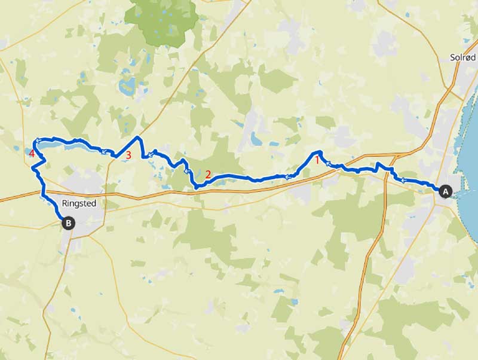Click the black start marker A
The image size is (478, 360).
tap(445, 191)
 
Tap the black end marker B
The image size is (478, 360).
tap(69, 223)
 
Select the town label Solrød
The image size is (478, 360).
tap(463, 57)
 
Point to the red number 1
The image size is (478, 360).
tap(317, 160)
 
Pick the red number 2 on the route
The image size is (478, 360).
tap(208, 175)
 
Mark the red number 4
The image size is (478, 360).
tap(32, 154)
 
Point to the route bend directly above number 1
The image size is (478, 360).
tap(320, 152)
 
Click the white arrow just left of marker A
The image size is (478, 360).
tap(404, 179)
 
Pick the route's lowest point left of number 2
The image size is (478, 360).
tap(197, 187)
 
